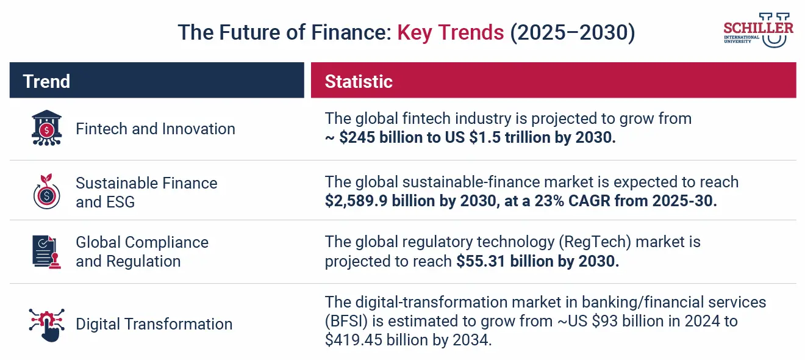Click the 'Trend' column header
[46, 81]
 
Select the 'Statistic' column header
[359, 81]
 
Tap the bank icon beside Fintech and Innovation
[46, 128]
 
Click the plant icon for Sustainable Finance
[46, 192]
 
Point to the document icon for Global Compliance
[46, 251]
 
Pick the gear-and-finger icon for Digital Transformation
[46, 323]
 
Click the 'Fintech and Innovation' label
[155, 129]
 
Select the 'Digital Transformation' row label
[154, 324]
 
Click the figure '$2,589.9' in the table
[354, 201]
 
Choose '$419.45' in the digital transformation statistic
[350, 340]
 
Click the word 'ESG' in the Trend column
[120, 202]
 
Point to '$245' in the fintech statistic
[356, 137]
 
